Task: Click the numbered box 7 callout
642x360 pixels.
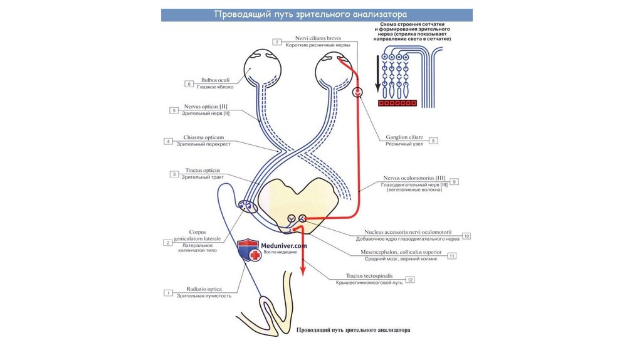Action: [276, 42]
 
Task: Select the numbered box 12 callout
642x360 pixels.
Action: [410, 280]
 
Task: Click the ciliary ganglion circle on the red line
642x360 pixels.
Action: [357, 92]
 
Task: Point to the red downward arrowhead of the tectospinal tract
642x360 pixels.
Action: [302, 270]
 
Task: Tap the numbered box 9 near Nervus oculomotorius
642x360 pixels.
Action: [455, 181]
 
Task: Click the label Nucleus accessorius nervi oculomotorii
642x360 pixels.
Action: [408, 232]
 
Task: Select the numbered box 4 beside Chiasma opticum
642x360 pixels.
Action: [167, 141]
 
